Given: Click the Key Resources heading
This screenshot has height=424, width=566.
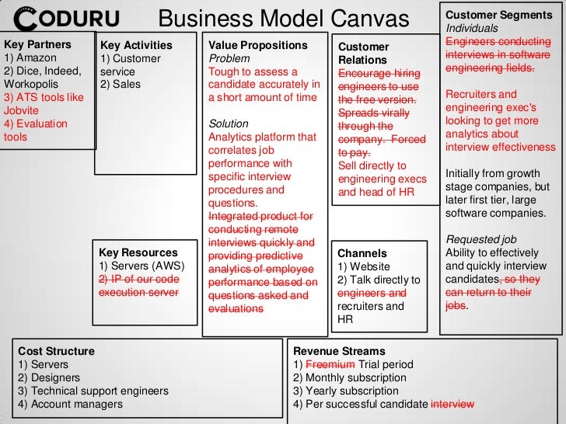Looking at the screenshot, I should (x=138, y=252).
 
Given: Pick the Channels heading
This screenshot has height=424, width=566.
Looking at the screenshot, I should (x=362, y=253).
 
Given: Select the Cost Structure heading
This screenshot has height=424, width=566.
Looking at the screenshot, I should (x=56, y=351).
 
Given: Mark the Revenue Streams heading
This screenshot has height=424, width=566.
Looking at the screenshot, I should (x=339, y=351).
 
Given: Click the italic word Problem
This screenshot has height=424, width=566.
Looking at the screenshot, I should (x=229, y=59).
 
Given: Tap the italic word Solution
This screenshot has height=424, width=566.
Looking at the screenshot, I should (x=229, y=123).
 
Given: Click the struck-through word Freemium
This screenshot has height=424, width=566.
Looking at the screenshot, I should (x=330, y=364).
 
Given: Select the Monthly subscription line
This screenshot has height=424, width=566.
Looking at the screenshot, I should (x=350, y=377).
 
